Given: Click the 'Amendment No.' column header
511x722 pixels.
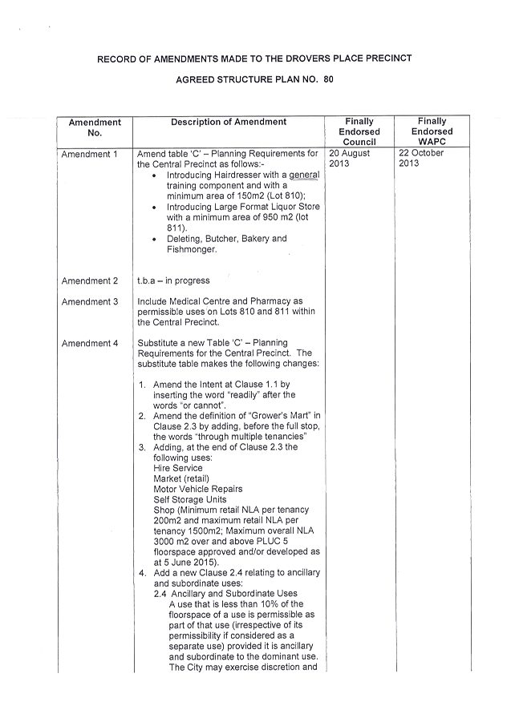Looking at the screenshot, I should coord(95,127).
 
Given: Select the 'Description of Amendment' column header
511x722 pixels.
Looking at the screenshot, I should coord(229,122).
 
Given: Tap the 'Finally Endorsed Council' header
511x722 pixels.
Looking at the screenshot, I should coord(359,131).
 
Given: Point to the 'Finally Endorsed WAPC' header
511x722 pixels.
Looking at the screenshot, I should coord(432,131).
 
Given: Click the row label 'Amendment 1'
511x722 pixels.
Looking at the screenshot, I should coord(90,154).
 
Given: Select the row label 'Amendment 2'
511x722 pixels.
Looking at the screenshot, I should coord(90,281).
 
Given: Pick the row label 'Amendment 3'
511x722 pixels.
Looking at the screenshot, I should coord(90,302).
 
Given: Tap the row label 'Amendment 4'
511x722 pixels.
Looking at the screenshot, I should coord(90,344).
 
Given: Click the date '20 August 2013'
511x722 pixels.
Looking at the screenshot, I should coord(349,158).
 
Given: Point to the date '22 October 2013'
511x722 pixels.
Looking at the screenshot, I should coord(421,158).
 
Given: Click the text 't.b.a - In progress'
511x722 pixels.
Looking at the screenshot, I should coord(173,281).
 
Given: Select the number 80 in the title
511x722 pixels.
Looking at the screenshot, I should coord(329,79).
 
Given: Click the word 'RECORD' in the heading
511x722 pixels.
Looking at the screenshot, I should coord(116,59).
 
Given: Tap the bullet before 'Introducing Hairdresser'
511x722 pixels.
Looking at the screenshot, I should coord(153,175).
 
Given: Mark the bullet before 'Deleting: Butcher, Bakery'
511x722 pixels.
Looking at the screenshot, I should coord(153,239).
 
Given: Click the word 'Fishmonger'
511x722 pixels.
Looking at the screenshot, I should coord(191,249).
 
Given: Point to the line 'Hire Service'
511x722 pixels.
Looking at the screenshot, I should coord(177,468).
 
